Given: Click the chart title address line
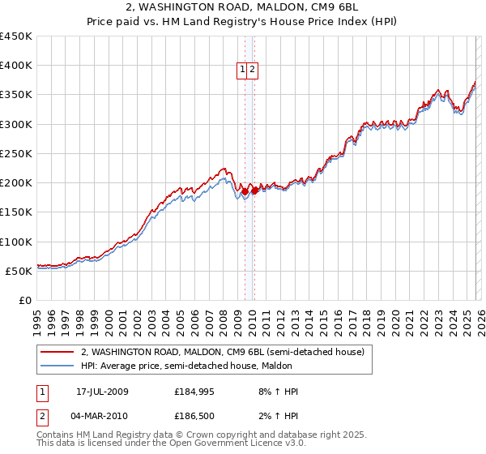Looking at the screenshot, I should [x=243, y=8].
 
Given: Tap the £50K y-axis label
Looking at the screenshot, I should [x=19, y=271].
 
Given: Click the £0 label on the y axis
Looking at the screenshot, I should [x=24, y=300].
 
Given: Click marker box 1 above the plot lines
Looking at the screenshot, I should [x=242, y=71].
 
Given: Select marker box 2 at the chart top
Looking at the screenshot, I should [x=253, y=71].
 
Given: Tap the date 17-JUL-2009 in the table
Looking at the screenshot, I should [x=113, y=392].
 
